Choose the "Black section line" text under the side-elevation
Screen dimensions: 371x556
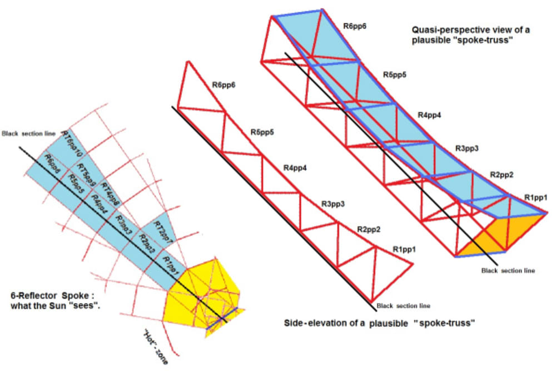pos(403,305)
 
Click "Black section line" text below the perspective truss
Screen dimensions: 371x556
pos(508,271)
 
